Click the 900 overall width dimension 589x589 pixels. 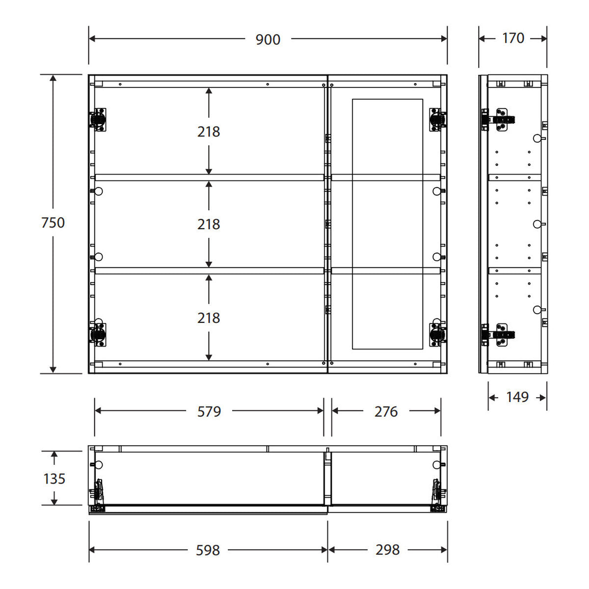point(268,39)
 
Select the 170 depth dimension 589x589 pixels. point(513,38)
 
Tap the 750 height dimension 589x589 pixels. point(53,222)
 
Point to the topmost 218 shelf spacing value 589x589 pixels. point(209,132)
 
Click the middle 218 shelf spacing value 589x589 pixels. point(209,224)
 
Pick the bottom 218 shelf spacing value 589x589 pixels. point(209,318)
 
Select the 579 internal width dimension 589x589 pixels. point(209,411)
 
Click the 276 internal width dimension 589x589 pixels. point(386,411)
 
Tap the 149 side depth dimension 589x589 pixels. point(517,397)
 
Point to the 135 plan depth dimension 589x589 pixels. point(54,479)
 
